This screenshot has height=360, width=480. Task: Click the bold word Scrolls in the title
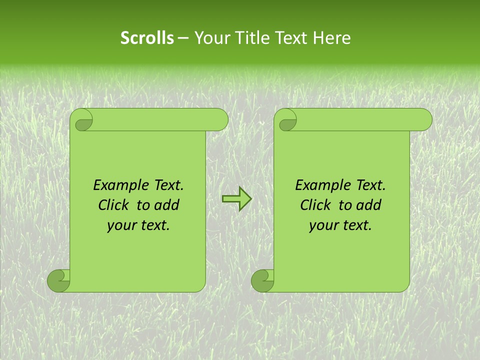147,38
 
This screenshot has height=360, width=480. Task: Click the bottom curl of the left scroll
59,280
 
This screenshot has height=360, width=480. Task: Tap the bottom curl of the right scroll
262,280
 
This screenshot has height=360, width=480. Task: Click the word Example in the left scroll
118,185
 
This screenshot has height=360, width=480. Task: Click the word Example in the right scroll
320,185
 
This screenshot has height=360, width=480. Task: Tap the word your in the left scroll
121,225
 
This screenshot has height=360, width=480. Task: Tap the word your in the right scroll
323,225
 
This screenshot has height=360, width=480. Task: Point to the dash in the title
183,38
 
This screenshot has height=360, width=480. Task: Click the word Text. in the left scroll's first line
167,185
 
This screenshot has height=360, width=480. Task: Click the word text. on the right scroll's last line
356,225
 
